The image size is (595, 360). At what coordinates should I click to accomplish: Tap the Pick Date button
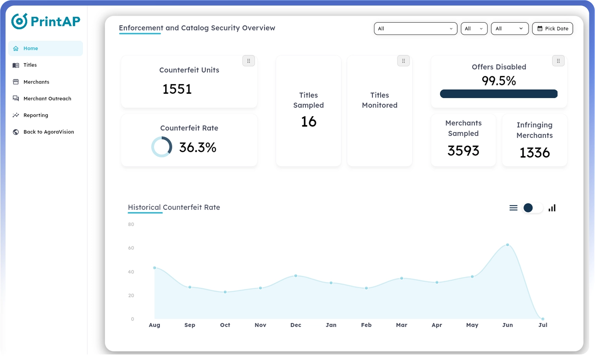pos(552,29)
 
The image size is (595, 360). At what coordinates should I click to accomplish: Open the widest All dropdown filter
pos(415,29)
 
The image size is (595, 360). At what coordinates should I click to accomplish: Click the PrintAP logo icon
pos(19,21)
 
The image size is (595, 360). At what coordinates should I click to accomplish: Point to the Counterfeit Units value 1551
pos(177,89)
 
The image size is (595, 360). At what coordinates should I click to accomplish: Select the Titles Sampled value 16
pos(309,122)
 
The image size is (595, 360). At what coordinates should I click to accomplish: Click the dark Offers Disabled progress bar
pos(499,94)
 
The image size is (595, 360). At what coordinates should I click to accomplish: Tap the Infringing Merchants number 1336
pos(534,153)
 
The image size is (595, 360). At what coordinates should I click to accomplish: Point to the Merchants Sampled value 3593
pos(463,151)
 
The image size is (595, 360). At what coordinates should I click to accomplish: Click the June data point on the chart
pos(507,245)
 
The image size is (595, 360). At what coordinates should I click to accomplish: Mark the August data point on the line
pos(155,268)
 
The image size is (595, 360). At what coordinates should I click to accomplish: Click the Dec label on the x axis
pos(295,325)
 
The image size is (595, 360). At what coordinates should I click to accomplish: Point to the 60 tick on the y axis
pos(131,248)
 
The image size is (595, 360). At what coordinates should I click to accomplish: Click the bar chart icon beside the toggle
pos(552,208)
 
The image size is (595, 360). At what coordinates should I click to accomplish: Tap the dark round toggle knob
pos(528,208)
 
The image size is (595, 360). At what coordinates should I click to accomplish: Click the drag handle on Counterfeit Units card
pos(248,61)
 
